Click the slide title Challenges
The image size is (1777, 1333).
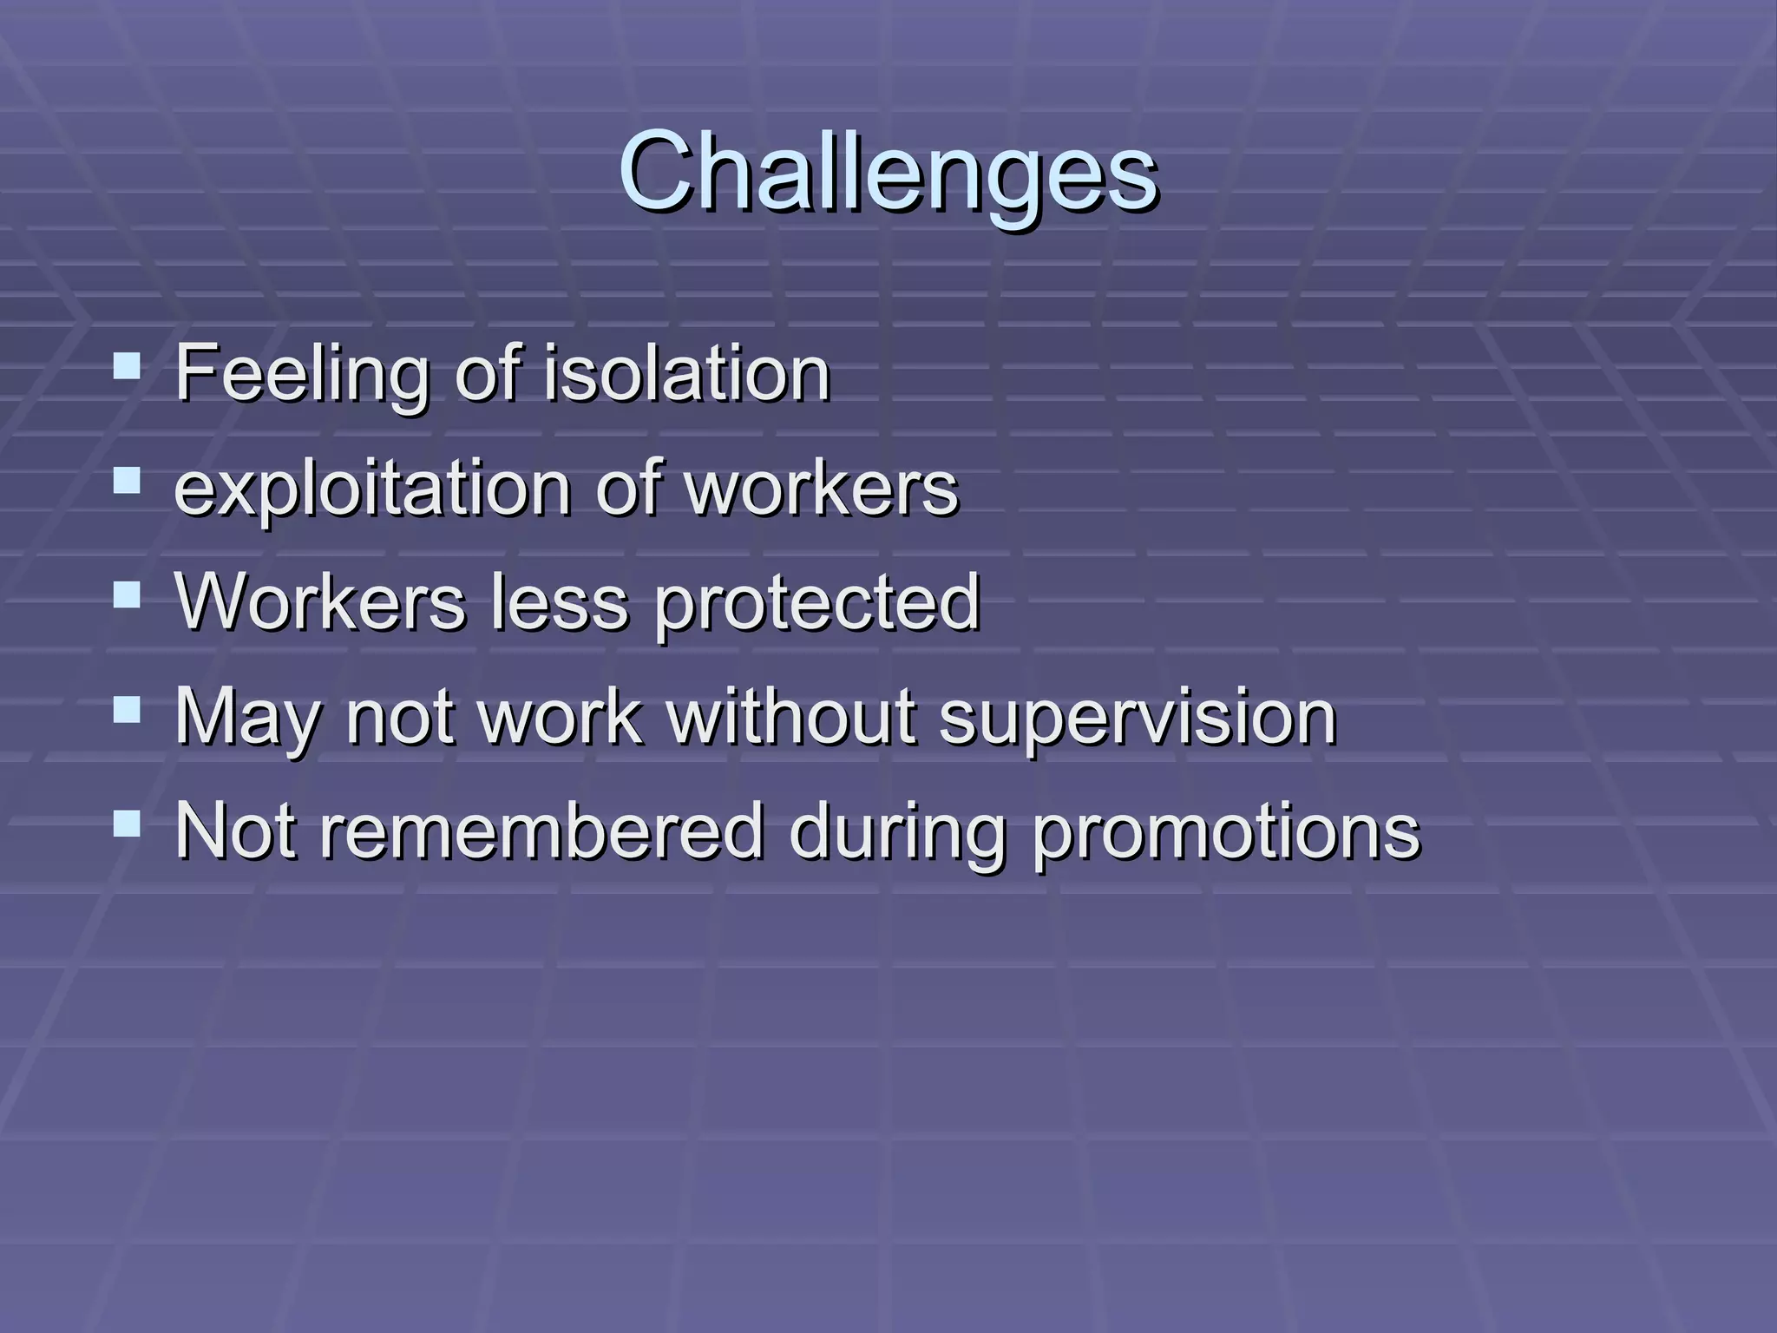click(x=888, y=171)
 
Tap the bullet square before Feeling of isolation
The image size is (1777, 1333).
click(x=127, y=366)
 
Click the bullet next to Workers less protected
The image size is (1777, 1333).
click(x=127, y=595)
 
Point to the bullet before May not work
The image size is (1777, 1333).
click(x=127, y=710)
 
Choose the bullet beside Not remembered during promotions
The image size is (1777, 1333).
click(x=127, y=824)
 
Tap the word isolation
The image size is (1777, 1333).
click(x=687, y=373)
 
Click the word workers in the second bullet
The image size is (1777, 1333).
click(x=823, y=488)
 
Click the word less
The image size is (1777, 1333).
click(x=560, y=601)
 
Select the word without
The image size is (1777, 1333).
click(x=791, y=716)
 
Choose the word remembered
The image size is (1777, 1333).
click(x=542, y=831)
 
